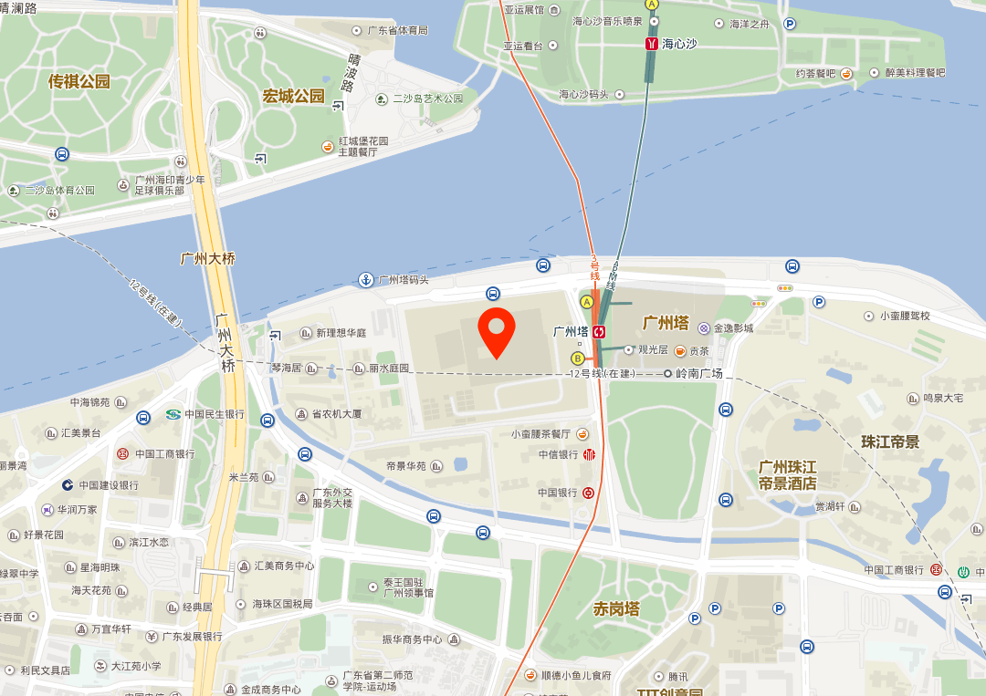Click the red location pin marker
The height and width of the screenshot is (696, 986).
497,333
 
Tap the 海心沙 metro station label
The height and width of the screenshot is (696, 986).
679,43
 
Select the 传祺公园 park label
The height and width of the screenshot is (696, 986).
79,82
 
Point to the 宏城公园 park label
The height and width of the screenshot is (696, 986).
294,96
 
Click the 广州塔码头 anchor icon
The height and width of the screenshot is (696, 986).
365,279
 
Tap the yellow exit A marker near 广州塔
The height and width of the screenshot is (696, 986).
586,302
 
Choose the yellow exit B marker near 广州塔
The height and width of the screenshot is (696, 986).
578,358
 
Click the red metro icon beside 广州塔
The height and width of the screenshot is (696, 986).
599,331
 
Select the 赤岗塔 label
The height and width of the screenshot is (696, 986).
616,608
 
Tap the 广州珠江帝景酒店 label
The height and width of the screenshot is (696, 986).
787,474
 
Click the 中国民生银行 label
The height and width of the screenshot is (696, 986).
215,414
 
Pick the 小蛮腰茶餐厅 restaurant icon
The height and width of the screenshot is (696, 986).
582,433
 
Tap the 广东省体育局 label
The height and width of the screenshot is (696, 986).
397,30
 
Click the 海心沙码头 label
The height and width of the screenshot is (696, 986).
583,94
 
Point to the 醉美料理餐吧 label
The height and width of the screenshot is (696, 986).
908,73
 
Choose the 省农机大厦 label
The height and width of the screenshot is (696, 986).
337,414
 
